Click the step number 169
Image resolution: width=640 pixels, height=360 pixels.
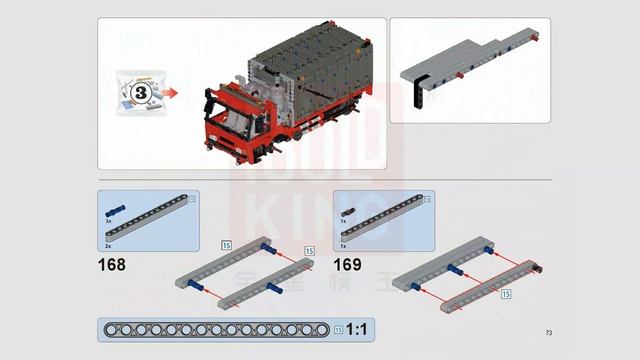coord(348,266)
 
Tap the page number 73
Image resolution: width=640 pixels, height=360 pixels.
coord(549,333)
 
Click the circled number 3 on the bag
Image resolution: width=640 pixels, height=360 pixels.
coord(140,93)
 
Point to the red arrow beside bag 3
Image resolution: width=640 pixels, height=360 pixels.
coord(172,93)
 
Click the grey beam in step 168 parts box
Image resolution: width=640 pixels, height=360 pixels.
coord(150,219)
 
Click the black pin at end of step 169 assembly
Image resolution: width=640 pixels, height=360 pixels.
coord(540,268)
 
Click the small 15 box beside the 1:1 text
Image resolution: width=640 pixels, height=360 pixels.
coord(338,329)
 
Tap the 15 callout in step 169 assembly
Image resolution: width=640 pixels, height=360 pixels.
coord(506,294)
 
